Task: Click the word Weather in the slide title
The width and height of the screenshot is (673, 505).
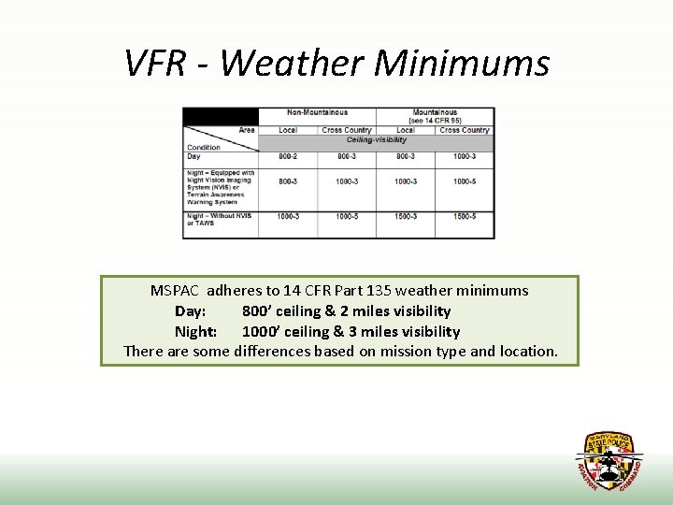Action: coord(293,63)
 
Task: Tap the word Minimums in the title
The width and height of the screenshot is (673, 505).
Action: coord(462,63)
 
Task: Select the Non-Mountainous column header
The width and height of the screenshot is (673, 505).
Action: coord(317,113)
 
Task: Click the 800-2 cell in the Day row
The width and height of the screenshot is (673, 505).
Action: coord(287,156)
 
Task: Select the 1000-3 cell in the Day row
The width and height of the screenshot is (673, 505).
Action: coord(464,156)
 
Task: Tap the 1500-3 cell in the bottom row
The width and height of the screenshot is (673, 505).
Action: coord(405,216)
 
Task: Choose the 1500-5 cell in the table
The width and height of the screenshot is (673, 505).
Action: coord(464,216)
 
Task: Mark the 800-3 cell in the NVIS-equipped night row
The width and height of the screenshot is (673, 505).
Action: coord(287,181)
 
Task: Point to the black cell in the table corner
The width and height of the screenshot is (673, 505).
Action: coord(220,116)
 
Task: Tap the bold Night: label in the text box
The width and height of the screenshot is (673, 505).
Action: coord(195,332)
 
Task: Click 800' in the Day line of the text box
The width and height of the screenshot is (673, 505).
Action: coord(259,311)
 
